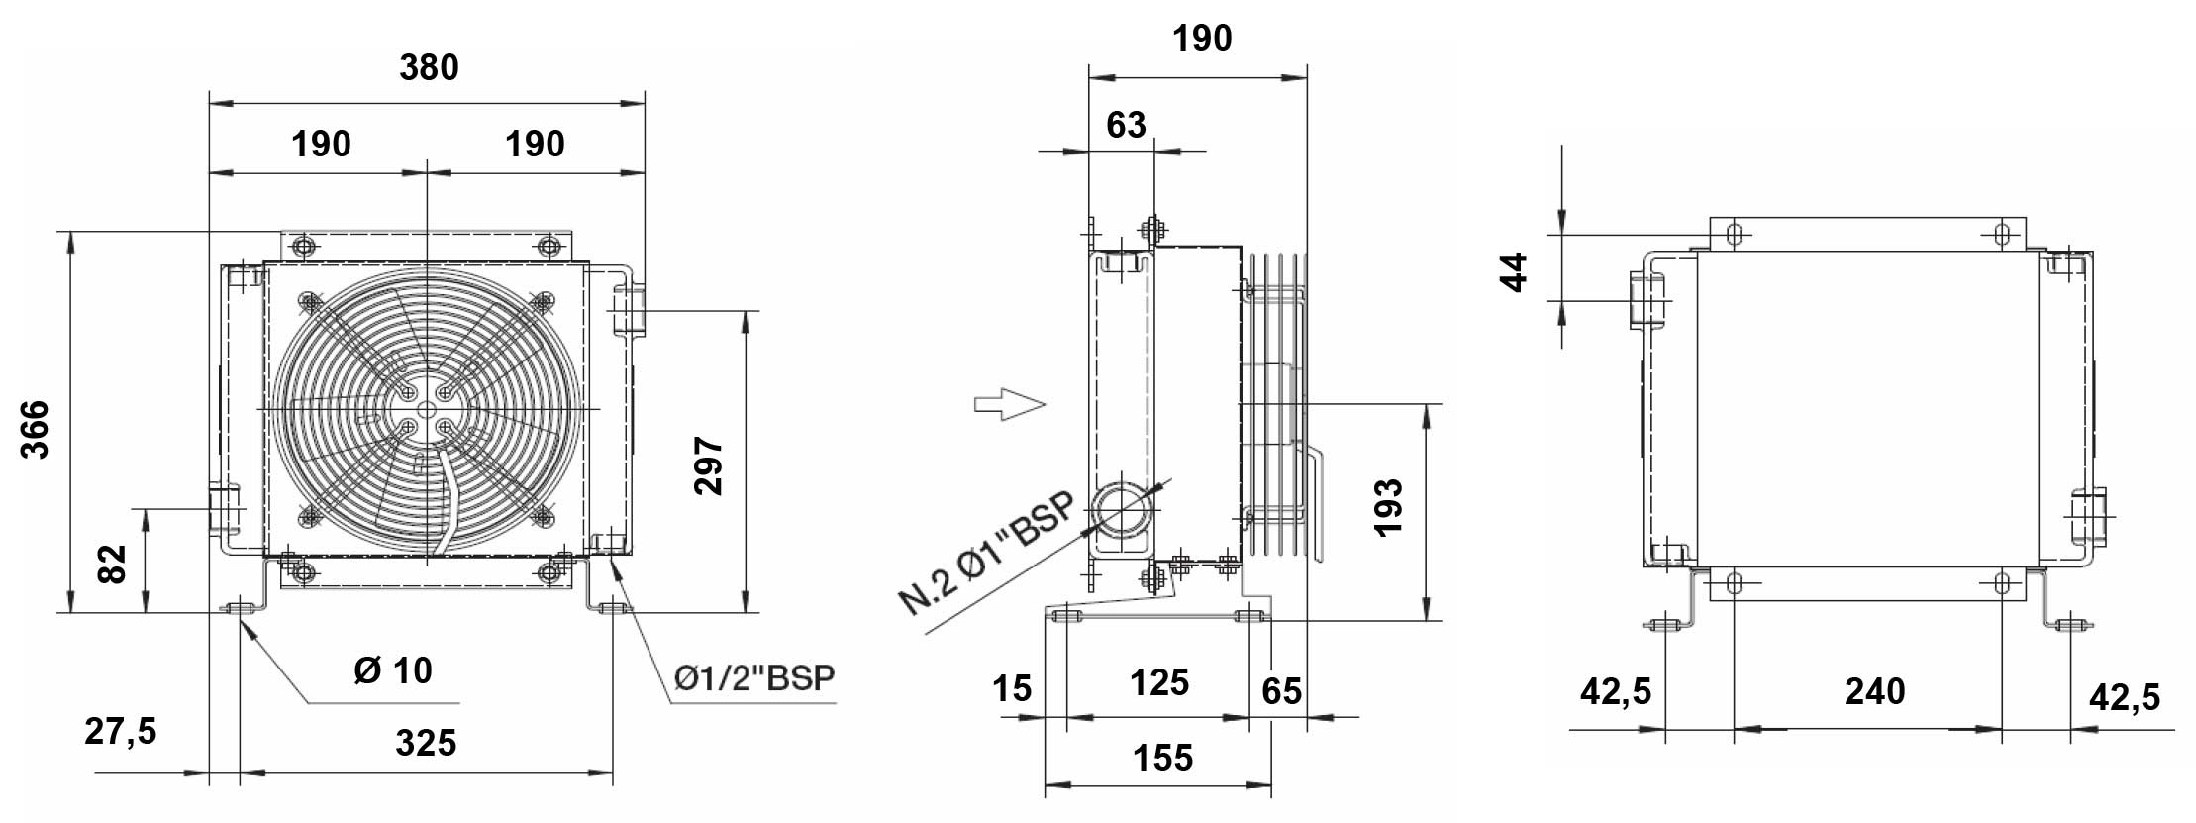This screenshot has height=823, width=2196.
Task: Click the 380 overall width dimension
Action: [x=429, y=68]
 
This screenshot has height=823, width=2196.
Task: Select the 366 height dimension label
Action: [x=36, y=428]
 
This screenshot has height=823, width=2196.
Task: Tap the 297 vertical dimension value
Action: [x=708, y=464]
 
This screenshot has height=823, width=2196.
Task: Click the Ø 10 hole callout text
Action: [x=392, y=670]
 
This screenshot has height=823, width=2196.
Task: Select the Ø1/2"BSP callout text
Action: [x=754, y=678]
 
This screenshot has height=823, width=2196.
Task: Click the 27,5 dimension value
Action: [x=121, y=732]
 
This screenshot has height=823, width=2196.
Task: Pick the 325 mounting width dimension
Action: [x=426, y=743]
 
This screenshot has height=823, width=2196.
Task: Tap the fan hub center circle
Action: [x=427, y=409]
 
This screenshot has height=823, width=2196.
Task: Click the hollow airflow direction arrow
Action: [x=1009, y=403]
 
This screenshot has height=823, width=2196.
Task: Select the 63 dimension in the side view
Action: [x=1126, y=125]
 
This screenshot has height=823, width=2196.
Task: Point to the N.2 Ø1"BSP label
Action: [x=986, y=554]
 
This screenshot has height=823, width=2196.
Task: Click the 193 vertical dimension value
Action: [x=1388, y=506]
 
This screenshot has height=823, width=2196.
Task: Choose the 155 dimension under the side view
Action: [x=1162, y=759]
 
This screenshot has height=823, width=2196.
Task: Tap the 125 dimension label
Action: [x=1158, y=683]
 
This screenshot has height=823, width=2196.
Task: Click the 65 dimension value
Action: [x=1281, y=691]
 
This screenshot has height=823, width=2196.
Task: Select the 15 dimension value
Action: [x=1012, y=688]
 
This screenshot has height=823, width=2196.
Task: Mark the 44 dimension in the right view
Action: [x=1514, y=271]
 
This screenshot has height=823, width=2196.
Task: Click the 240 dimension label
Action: [x=1874, y=691]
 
